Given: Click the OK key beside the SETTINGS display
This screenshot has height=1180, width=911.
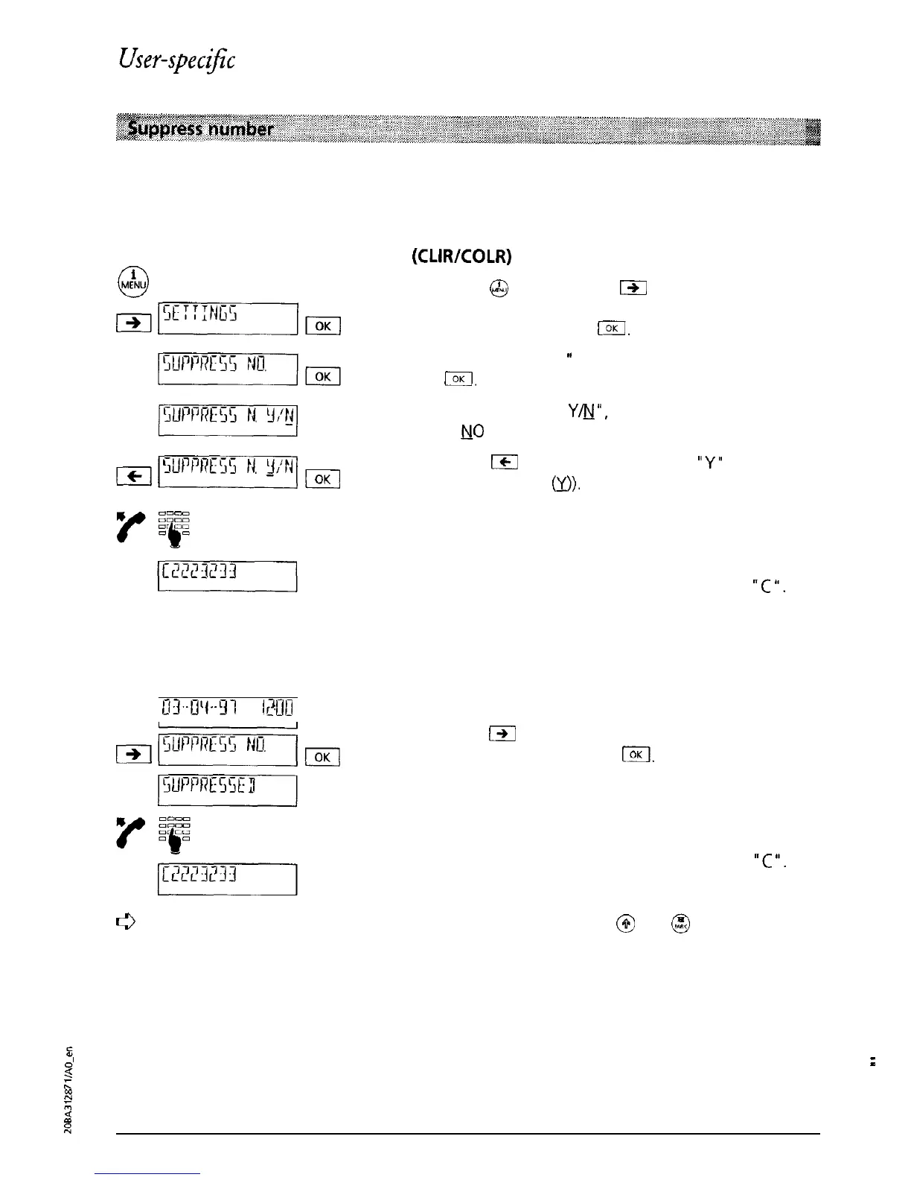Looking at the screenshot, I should [x=323, y=326].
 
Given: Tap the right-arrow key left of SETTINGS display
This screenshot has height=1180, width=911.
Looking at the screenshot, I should [x=135, y=323].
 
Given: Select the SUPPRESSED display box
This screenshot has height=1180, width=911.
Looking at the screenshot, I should [x=228, y=789].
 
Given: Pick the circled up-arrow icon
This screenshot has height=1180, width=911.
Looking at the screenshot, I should [x=626, y=924].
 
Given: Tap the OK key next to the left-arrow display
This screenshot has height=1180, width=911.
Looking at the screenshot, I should [x=323, y=479].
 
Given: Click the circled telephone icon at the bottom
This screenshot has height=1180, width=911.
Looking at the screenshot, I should [x=681, y=924].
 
